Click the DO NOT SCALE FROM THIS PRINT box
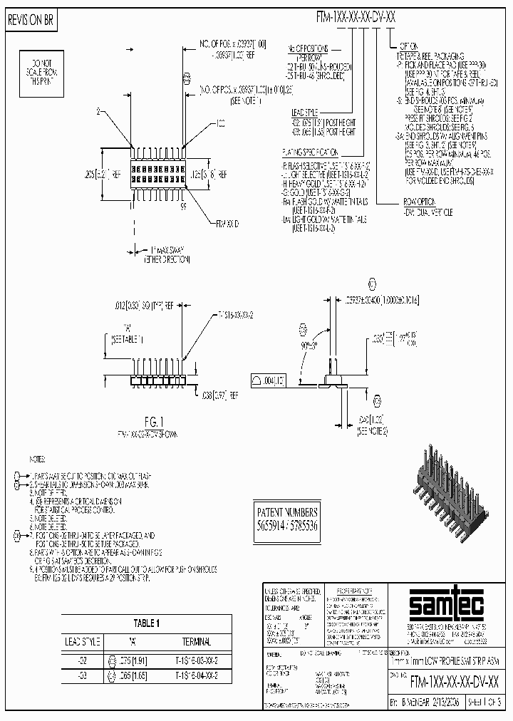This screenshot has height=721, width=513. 41,69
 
